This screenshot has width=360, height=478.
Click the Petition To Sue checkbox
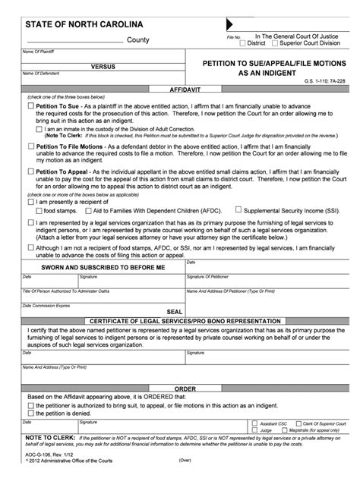tap(30, 108)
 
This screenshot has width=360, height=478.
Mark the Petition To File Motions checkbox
tap(30, 144)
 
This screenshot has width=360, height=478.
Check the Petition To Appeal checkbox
tap(30, 171)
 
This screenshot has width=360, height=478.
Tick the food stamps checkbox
tap(30, 209)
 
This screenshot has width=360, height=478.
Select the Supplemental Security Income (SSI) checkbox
tap(238, 209)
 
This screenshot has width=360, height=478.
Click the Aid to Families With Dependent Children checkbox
tap(90, 209)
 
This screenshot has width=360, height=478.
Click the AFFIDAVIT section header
tap(180, 90)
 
